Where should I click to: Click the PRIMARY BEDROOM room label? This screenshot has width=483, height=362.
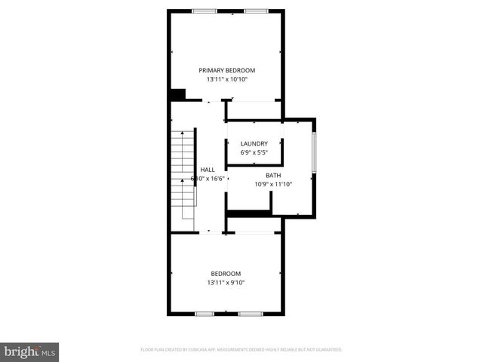226,70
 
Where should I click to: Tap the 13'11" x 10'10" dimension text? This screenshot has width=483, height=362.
226,79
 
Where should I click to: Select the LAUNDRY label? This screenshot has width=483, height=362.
254,143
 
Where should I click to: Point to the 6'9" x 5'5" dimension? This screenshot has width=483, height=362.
254,152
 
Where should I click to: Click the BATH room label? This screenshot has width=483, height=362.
272,175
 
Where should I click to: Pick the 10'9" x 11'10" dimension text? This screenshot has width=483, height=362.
272,184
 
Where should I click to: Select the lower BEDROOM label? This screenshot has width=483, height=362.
226,273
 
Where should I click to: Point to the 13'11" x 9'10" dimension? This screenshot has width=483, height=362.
226,283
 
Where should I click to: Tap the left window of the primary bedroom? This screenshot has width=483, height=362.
205,11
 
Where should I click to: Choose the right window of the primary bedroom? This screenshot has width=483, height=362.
255,11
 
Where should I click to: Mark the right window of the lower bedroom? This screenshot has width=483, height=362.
250,313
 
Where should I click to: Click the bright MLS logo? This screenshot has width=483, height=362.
29,351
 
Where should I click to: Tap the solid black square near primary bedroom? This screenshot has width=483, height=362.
177,94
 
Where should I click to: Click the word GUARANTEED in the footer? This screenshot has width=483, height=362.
327,350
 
